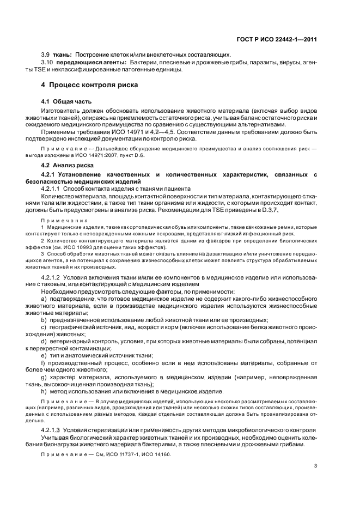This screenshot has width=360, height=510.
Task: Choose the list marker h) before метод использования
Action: coord(44,391)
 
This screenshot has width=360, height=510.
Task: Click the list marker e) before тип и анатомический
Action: coord(44,355)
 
